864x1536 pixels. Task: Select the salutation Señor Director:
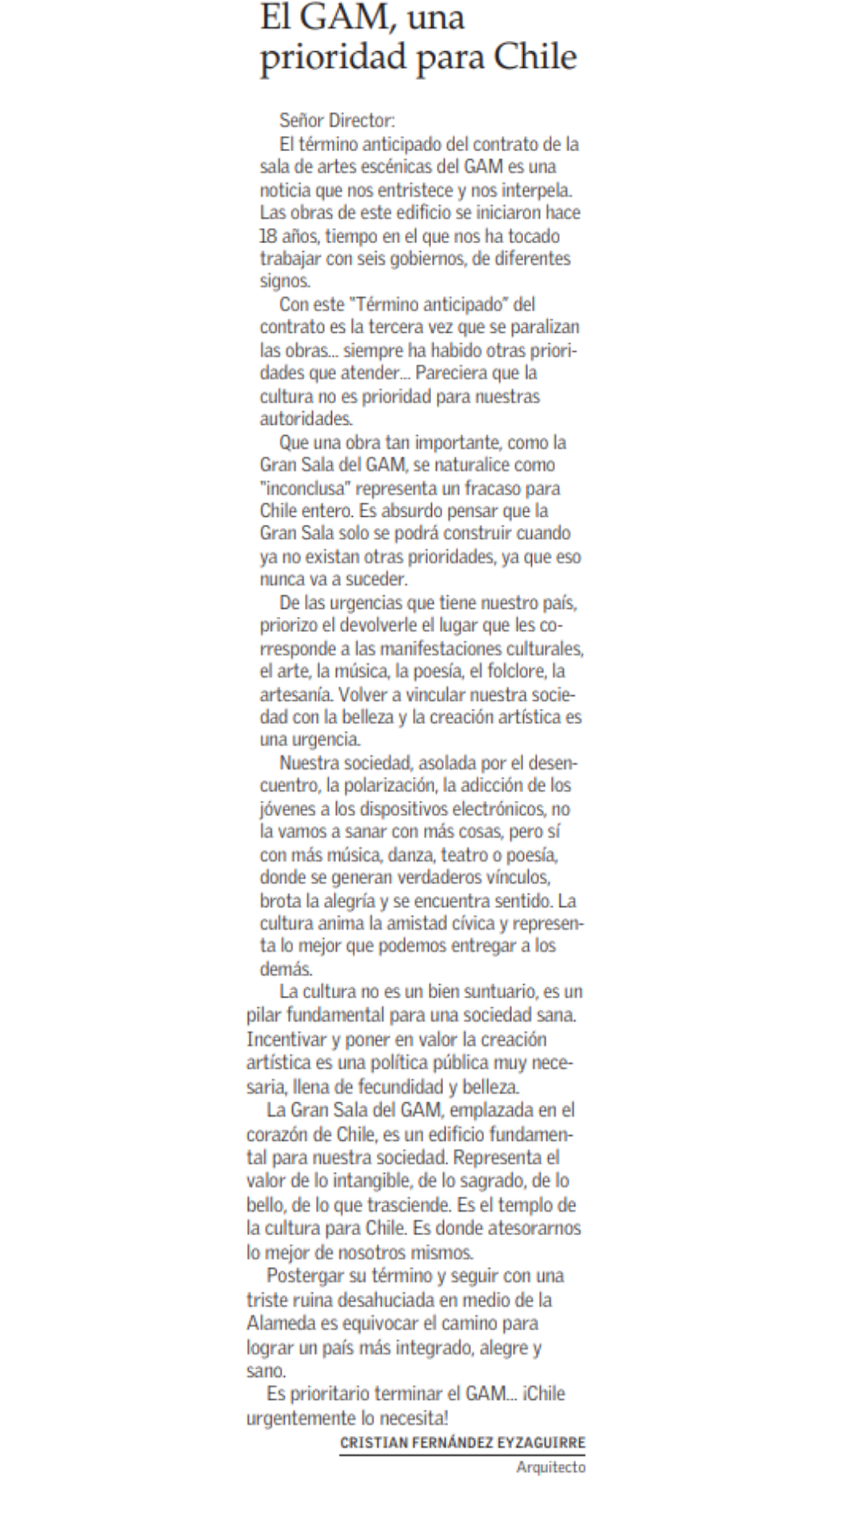337,121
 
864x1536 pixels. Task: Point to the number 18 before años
268,236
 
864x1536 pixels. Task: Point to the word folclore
507,670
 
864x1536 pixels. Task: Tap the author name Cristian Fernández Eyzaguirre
462,1442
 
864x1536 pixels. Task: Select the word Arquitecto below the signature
550,1466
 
